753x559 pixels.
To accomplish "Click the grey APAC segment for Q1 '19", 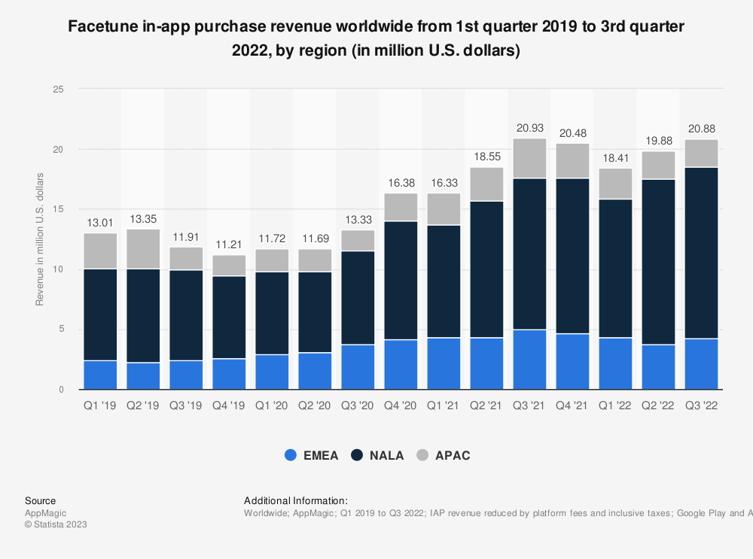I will pyautogui.click(x=100, y=251).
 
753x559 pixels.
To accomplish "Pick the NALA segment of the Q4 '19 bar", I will pyautogui.click(x=229, y=317).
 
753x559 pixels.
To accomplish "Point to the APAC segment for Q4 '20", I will pyautogui.click(x=401, y=207).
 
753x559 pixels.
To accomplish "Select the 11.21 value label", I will pyautogui.click(x=229, y=245).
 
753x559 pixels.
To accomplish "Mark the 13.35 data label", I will pyautogui.click(x=143, y=219).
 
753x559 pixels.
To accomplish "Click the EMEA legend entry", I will pyautogui.click(x=321, y=455).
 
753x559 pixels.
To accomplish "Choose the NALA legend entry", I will pyautogui.click(x=386, y=455).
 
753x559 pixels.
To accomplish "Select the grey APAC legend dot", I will pyautogui.click(x=423, y=455).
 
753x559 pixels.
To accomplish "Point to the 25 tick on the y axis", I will pyautogui.click(x=59, y=90).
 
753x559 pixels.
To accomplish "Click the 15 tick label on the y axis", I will pyautogui.click(x=59, y=209).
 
